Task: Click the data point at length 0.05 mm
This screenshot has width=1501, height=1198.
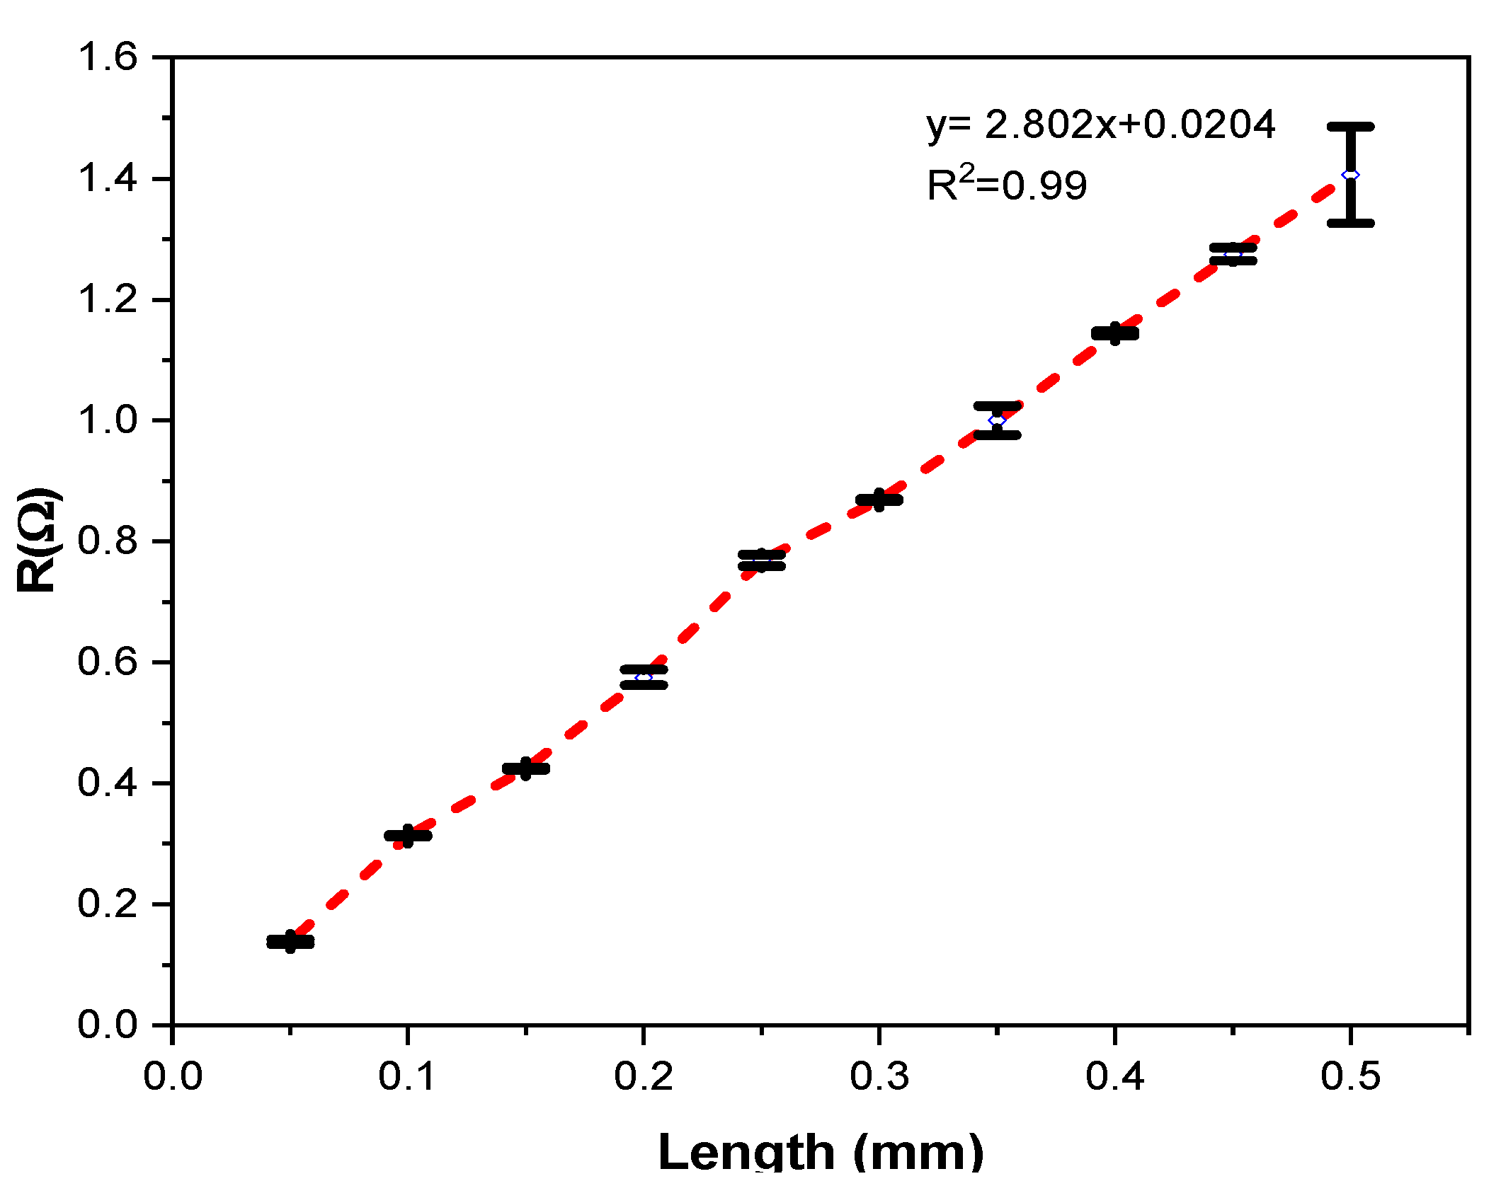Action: pyautogui.click(x=290, y=942)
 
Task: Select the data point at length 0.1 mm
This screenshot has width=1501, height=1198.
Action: pyautogui.click(x=408, y=836)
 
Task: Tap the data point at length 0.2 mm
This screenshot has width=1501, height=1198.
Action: pyautogui.click(x=644, y=677)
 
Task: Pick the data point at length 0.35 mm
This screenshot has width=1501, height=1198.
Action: pyautogui.click(x=997, y=420)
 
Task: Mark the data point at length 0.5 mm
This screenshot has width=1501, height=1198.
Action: pyautogui.click(x=1350, y=175)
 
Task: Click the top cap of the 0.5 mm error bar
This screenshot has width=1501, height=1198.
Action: pyautogui.click(x=1350, y=127)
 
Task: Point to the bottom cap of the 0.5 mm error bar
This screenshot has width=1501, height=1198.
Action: pyautogui.click(x=1350, y=223)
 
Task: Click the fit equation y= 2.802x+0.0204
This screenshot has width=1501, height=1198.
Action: pyautogui.click(x=1101, y=125)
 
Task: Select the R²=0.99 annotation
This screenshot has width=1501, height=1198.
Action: pyautogui.click(x=1006, y=185)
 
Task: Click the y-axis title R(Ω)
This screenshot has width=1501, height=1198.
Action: pyautogui.click(x=39, y=540)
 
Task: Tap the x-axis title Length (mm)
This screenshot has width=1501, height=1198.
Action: pyautogui.click(x=821, y=1151)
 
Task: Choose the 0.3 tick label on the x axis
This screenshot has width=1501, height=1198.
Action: pyautogui.click(x=879, y=1076)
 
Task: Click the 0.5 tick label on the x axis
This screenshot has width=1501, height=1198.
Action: pyautogui.click(x=1350, y=1076)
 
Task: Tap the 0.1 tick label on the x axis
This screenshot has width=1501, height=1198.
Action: pyautogui.click(x=408, y=1076)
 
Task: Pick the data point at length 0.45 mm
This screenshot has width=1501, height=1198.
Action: pyautogui.click(x=1233, y=254)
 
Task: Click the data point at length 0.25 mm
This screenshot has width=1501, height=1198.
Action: pyautogui.click(x=761, y=560)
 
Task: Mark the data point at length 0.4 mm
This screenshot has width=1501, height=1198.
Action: pyautogui.click(x=1114, y=333)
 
